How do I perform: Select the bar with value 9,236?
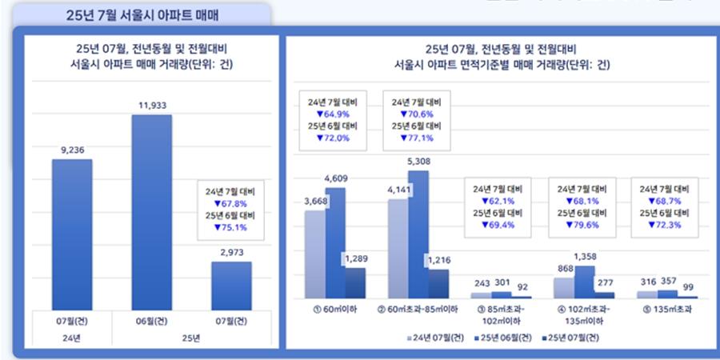(72, 232)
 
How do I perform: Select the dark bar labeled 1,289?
(355, 282)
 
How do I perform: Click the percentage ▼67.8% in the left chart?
(225, 203)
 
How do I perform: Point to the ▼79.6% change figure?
(581, 225)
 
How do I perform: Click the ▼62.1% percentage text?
(497, 201)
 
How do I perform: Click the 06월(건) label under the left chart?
(152, 321)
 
